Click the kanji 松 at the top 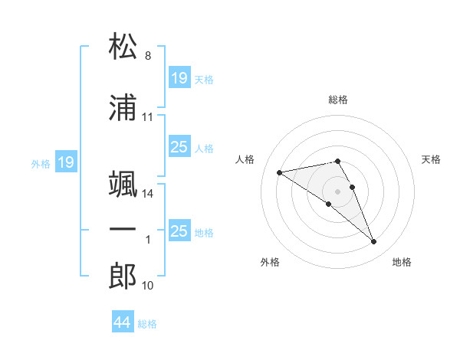[x=123, y=45]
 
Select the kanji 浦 [x=123, y=107]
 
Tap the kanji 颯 [x=123, y=184]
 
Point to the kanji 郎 [x=123, y=276]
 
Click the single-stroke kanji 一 [x=123, y=229]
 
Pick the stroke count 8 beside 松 [x=148, y=56]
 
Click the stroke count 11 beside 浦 [x=147, y=117]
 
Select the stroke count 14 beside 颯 [x=147, y=194]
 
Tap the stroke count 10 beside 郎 [x=147, y=286]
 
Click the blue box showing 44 [x=123, y=321]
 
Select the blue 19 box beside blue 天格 [x=179, y=77]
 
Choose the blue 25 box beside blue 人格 [x=179, y=146]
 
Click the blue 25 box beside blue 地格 [x=179, y=230]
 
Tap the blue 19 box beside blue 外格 [x=66, y=162]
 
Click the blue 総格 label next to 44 [x=147, y=324]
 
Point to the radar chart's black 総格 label [x=337, y=100]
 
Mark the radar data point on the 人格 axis [x=279, y=172]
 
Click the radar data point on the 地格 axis [x=374, y=242]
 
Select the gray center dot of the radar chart [x=337, y=191]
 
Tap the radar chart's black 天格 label [x=431, y=159]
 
